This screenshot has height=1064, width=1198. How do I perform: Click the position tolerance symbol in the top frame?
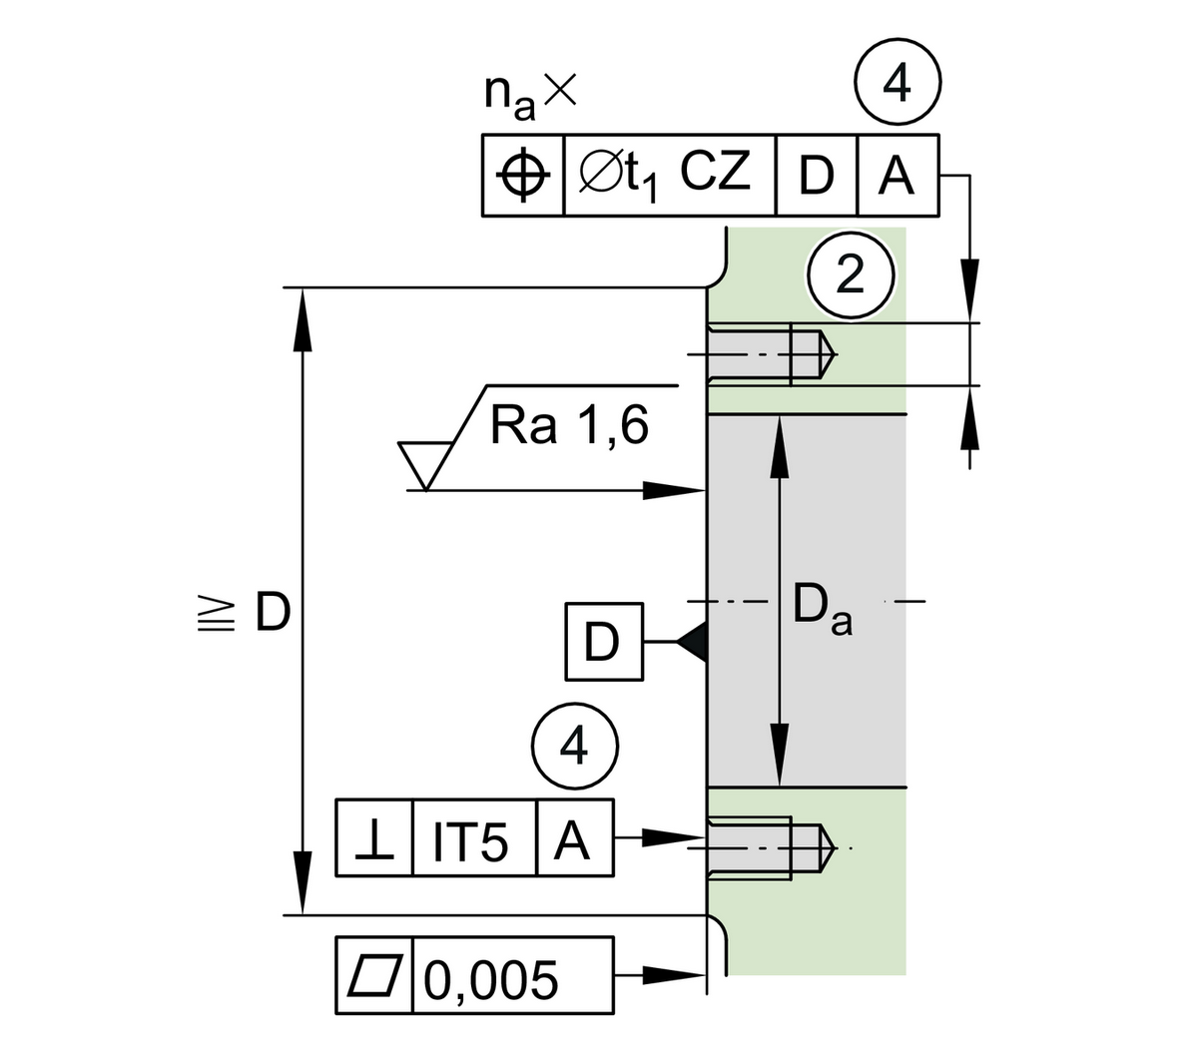point(523,176)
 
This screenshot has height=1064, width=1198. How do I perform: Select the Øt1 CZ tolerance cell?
point(669,176)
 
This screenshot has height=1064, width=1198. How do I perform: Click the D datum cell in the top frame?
point(816,176)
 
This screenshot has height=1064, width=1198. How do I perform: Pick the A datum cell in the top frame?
point(897,176)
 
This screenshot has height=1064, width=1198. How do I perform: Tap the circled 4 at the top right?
point(897,86)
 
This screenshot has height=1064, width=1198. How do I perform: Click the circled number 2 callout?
point(850,274)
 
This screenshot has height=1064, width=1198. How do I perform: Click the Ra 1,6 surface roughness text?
point(569,425)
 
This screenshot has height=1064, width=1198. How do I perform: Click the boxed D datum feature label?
point(603,642)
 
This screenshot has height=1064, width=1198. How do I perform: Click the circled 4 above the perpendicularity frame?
point(574,745)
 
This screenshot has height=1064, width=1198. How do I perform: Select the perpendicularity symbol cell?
point(374,838)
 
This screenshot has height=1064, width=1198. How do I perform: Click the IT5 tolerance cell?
point(473,838)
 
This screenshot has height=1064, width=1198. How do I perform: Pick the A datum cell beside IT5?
point(574,838)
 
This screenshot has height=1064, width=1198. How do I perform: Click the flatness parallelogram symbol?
point(374,976)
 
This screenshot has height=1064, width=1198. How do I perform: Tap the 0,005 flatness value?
point(490,978)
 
